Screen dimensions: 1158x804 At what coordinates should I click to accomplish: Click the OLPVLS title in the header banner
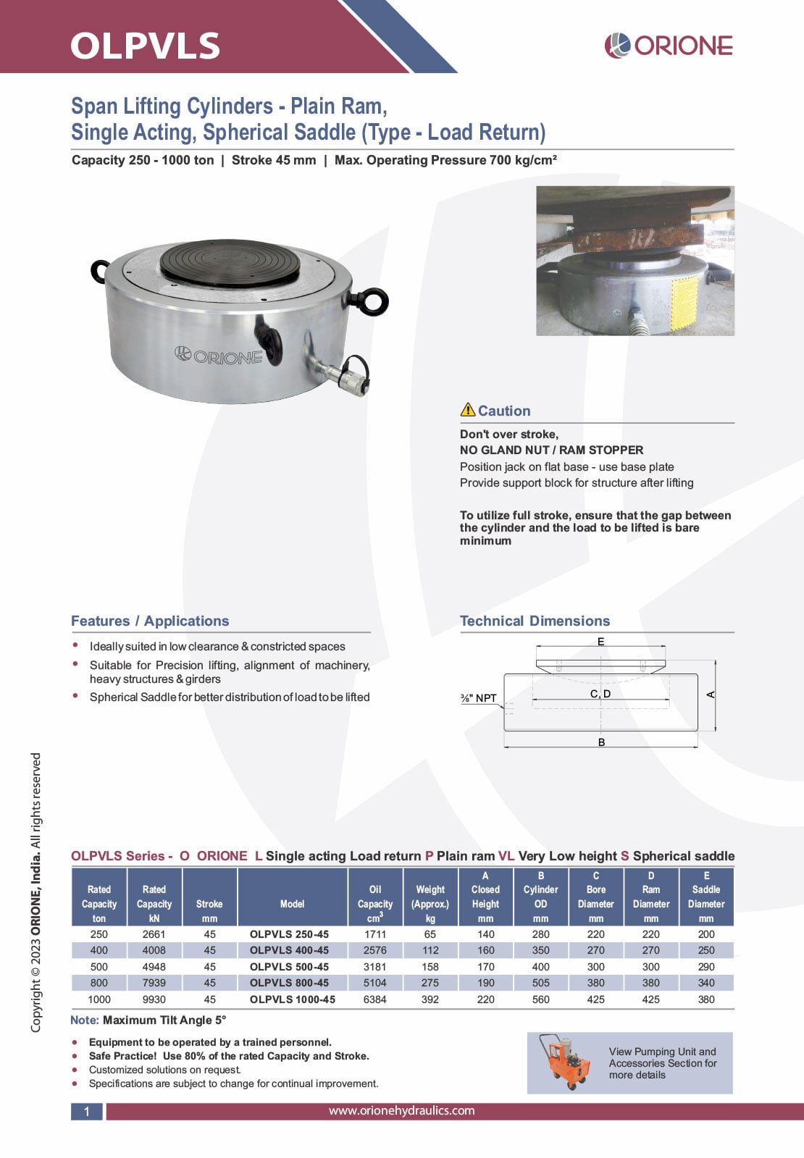(145, 46)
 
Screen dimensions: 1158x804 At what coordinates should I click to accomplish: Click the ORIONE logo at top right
(669, 46)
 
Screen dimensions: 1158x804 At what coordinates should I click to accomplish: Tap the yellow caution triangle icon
(468, 410)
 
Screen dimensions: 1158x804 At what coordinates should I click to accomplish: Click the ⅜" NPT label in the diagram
(478, 698)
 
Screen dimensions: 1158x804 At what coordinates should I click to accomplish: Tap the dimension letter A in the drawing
(711, 695)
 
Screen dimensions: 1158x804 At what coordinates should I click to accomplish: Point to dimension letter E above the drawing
(600, 642)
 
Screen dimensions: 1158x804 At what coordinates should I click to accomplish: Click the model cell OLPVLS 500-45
(289, 967)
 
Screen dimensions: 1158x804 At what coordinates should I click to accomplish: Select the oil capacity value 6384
(374, 999)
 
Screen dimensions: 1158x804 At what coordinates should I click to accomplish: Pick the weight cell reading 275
(430, 983)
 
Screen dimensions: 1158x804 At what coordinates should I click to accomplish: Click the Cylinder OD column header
(540, 897)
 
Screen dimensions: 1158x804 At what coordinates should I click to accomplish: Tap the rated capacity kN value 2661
(154, 934)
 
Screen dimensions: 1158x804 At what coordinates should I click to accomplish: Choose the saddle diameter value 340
(705, 983)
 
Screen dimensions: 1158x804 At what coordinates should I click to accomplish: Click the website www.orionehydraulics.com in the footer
(401, 1110)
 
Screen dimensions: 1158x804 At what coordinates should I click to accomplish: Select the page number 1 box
(87, 1112)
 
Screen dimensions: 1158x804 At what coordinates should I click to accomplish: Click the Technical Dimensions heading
(535, 621)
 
